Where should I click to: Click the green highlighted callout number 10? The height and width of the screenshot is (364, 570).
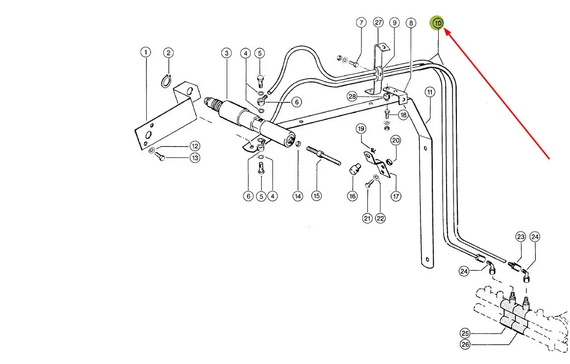point(437,23)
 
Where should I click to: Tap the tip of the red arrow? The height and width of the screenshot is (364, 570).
point(445,30)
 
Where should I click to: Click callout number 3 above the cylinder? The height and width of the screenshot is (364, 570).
point(226,53)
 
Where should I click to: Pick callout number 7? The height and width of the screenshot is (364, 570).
point(361,23)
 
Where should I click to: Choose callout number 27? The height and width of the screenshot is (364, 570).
point(378,23)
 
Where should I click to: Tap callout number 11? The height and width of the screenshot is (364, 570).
point(430,92)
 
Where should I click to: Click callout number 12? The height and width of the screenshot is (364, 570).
point(195,146)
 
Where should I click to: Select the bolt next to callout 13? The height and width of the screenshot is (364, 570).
point(159,156)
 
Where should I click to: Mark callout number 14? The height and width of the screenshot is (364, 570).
point(298,196)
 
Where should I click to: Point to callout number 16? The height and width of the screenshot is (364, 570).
point(352,196)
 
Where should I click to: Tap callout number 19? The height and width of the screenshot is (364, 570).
point(361,129)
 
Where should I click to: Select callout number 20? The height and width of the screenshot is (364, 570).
point(396,140)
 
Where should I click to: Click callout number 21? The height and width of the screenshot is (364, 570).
point(367,218)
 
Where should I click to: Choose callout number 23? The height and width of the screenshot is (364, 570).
point(521,237)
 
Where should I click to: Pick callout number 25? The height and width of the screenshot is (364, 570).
point(465,332)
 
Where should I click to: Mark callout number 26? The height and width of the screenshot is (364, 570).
point(465,344)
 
